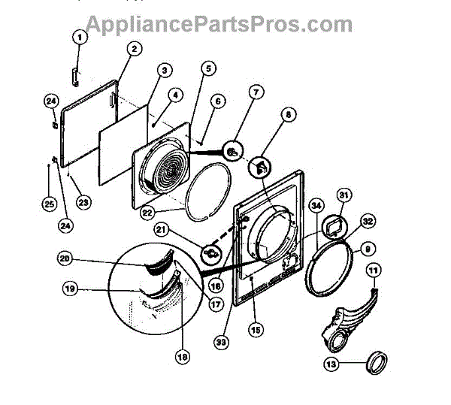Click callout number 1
pos(80,37)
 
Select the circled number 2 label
pos(133,50)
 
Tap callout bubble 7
pos(256,93)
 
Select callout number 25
pos(49,203)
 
